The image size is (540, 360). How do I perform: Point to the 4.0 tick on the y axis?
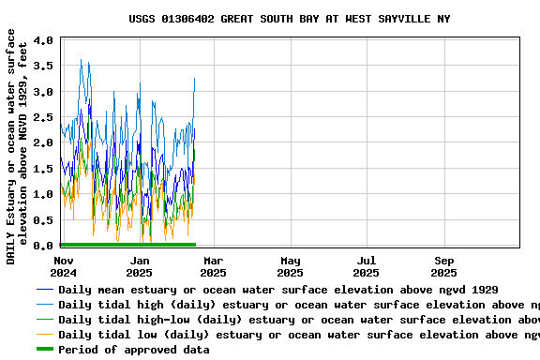(x=43, y=41)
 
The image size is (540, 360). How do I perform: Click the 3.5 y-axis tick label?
(x=43, y=67)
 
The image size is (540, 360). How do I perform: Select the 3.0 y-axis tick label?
(x=43, y=92)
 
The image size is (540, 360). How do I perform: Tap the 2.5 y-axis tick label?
(x=43, y=117)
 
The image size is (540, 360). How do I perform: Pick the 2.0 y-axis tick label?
(x=43, y=143)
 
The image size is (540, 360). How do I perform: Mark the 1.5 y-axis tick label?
(x=43, y=169)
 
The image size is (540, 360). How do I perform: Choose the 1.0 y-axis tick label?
(x=43, y=194)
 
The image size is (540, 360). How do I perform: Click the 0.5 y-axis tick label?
(x=43, y=219)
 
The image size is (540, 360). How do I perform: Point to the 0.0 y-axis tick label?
(x=43, y=246)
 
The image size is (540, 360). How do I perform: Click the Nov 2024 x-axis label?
(x=64, y=266)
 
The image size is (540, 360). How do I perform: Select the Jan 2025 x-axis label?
(x=140, y=266)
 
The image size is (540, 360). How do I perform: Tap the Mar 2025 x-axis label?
(x=213, y=266)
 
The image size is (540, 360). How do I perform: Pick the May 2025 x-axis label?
(x=290, y=266)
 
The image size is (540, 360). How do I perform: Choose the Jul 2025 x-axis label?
(x=367, y=266)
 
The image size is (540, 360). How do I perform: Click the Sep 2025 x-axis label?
(x=444, y=266)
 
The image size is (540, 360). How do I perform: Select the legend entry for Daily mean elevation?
(x=277, y=290)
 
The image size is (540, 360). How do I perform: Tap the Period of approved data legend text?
(x=133, y=350)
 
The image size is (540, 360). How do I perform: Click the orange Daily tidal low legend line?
(x=45, y=335)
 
